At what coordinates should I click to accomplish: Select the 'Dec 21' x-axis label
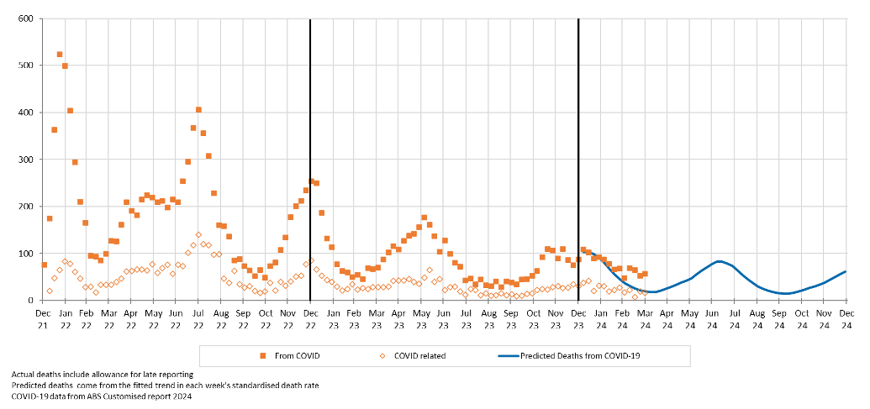point(42,318)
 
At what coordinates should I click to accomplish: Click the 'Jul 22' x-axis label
point(198,318)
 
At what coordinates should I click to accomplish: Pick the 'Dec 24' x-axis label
point(846,318)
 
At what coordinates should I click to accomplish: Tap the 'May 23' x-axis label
point(422,318)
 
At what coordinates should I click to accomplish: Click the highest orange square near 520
point(60,55)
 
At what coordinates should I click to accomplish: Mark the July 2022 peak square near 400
point(198,109)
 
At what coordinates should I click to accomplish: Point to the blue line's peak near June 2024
point(719,261)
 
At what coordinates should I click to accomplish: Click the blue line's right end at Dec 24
point(845,271)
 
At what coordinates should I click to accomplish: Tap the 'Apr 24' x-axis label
point(667,318)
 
